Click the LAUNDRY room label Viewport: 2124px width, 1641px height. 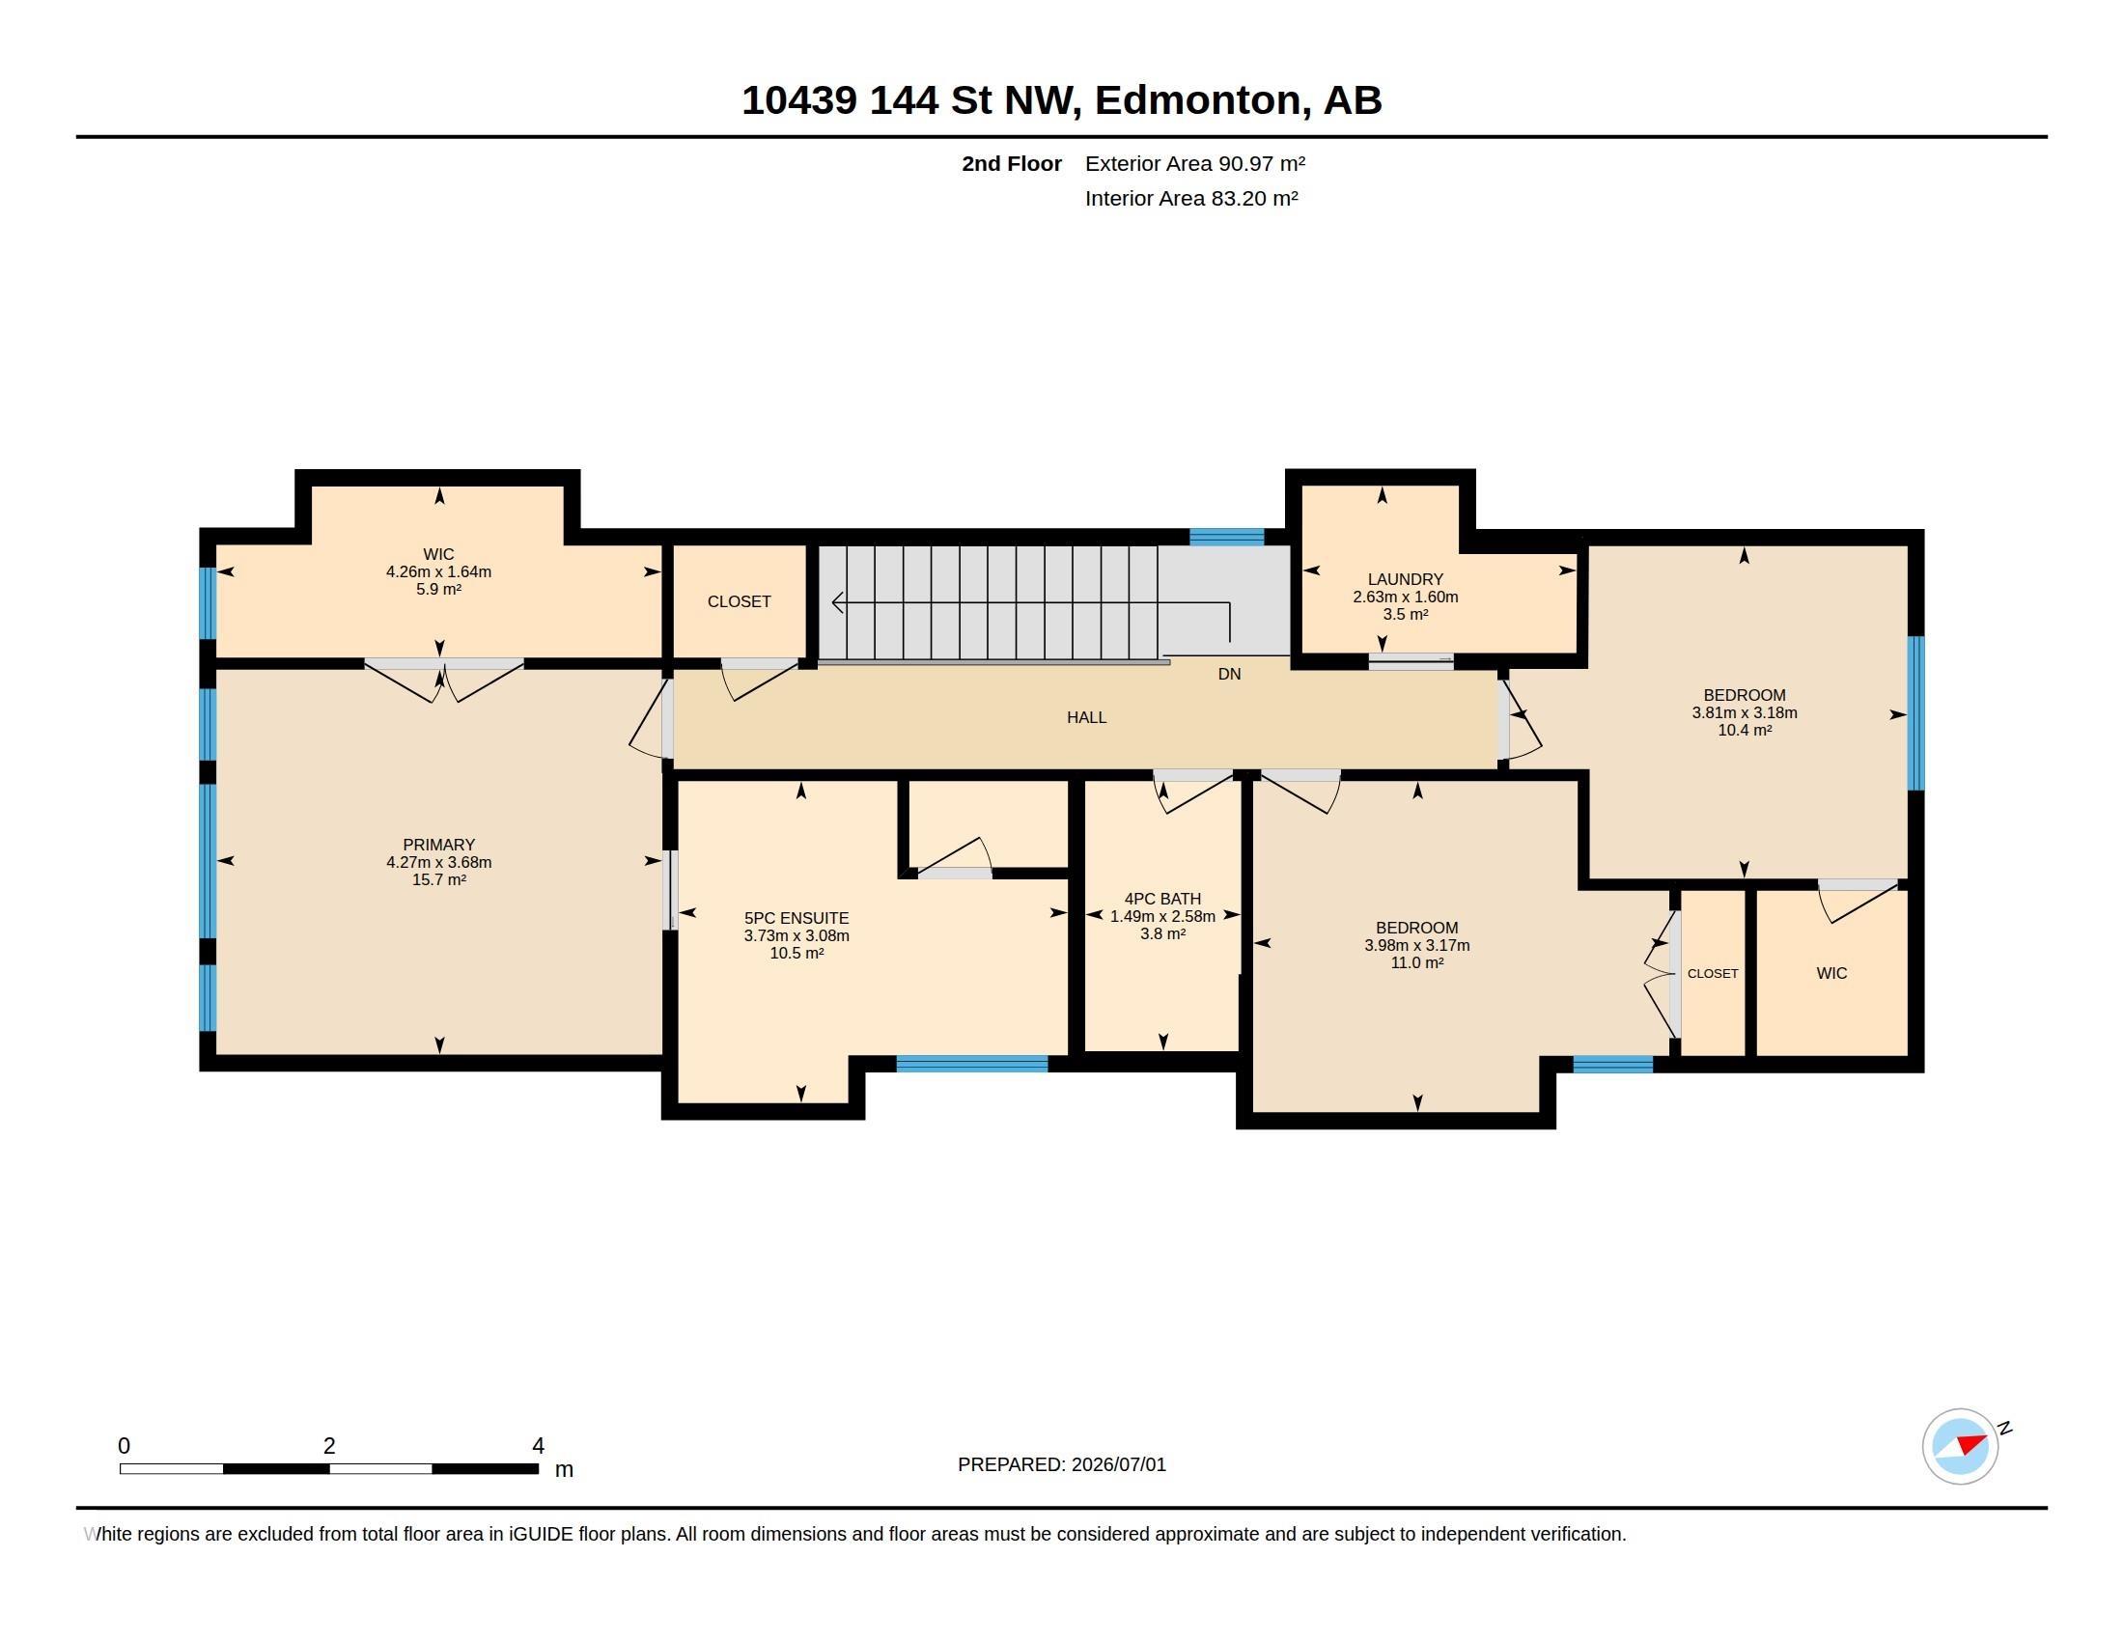click(1406, 579)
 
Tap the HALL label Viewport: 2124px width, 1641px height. click(1086, 717)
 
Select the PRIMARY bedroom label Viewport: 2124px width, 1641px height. click(438, 845)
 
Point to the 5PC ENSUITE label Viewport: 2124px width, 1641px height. click(796, 918)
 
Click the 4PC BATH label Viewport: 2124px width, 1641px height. click(1162, 900)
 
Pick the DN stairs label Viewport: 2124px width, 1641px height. click(1229, 674)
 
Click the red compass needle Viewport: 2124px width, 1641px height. click(1971, 1443)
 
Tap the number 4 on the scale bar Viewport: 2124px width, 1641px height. click(538, 1446)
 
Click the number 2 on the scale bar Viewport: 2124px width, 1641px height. click(329, 1446)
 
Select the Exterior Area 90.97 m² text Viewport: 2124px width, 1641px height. click(1195, 163)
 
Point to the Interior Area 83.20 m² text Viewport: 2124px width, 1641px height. click(1191, 198)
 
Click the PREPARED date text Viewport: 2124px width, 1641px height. click(1062, 1464)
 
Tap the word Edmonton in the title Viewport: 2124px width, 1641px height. click(1198, 100)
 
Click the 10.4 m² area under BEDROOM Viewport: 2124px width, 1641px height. click(1744, 730)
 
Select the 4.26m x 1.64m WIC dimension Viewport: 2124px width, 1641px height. click(438, 571)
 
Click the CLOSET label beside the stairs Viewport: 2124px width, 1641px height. click(740, 601)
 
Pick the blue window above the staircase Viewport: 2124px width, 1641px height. click(1226, 537)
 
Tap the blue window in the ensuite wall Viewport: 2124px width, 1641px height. click(971, 1064)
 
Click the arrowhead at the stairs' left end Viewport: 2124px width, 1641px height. click(837, 602)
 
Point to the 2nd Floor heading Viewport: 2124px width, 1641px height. click(1012, 163)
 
